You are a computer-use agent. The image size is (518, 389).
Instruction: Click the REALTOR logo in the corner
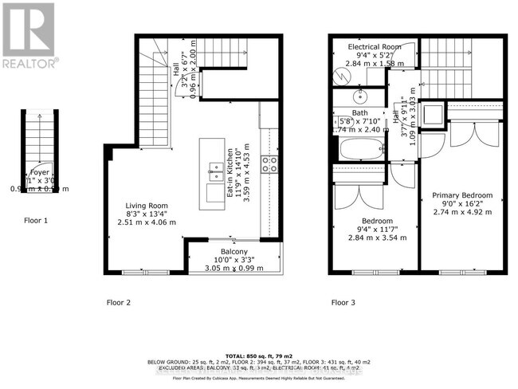point(28,35)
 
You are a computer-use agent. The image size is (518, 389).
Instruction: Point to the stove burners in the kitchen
point(269,164)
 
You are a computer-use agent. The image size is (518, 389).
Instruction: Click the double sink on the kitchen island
point(215,168)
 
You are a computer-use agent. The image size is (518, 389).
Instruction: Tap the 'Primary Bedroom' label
point(462,195)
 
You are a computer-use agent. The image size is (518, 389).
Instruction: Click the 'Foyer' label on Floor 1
point(40,172)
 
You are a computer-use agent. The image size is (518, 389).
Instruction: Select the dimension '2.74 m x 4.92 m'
point(462,213)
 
